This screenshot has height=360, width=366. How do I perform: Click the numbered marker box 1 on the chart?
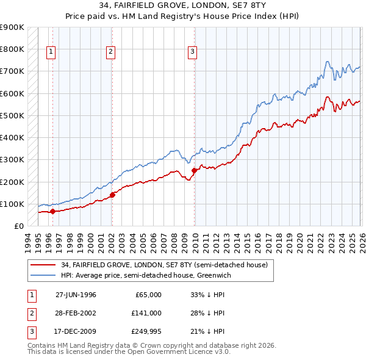pos(50,52)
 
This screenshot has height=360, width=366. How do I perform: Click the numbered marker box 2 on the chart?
pos(110,52)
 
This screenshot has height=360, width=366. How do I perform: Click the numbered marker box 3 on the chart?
pos(192,52)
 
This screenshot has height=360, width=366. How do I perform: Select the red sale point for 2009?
pos(195,171)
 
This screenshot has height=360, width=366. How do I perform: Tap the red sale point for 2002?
pos(112,195)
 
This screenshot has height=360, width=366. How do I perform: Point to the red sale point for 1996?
pos(52,212)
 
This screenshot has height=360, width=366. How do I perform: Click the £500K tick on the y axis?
pos(12,115)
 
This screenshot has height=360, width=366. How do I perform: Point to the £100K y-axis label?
pos(12,204)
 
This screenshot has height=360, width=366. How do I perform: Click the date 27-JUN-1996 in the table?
pos(76,295)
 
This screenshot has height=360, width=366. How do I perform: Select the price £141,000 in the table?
pos(146,313)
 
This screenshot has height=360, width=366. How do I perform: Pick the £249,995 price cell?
pos(146,331)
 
